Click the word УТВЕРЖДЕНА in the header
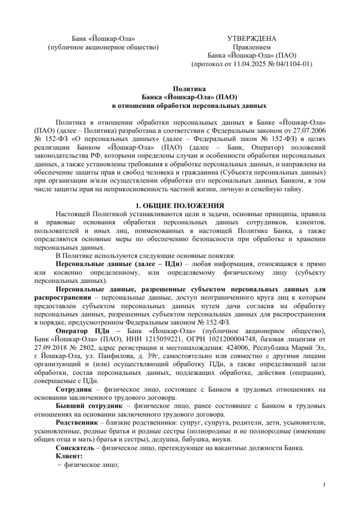[x=252, y=38]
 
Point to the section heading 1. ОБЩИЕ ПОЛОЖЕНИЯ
[x=180, y=206]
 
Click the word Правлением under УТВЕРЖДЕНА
[x=252, y=47]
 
